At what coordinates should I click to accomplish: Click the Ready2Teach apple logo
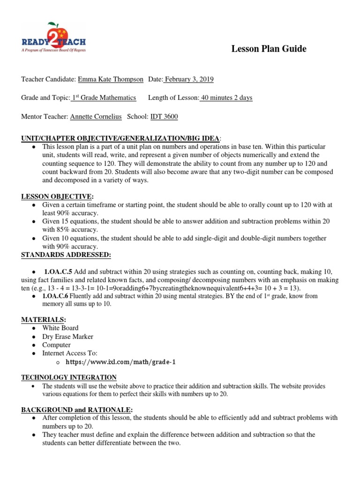coord(53,37)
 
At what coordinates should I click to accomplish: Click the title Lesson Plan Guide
coord(269,49)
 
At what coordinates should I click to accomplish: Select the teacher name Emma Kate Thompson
coord(111,79)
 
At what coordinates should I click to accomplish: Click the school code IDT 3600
coord(164,117)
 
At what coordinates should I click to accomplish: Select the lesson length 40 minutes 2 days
coord(226,98)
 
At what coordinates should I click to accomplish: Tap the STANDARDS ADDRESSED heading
coord(66,255)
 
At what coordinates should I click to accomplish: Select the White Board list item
coord(60,328)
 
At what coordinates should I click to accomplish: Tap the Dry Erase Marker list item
coord(67,337)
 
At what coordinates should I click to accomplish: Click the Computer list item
coord(56,345)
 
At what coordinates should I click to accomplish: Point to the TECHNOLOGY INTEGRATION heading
coord(69,377)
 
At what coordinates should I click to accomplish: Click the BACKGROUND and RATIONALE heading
coord(77,409)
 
